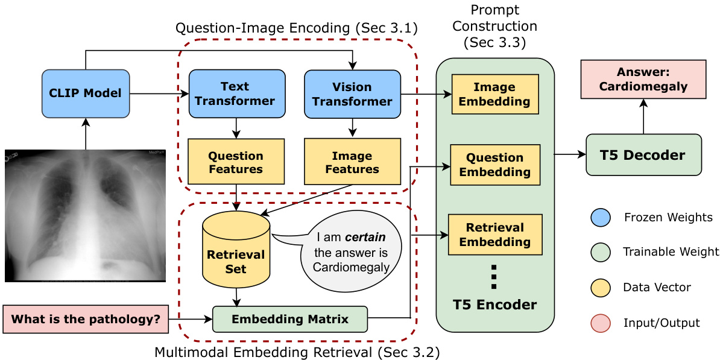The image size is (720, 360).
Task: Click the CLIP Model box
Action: (85, 93)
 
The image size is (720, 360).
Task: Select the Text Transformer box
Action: (236, 93)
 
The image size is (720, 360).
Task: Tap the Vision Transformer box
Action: (352, 93)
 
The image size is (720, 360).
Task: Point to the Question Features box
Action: (236, 162)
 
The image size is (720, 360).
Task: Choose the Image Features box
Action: (352, 162)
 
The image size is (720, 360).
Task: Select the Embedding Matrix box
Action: (290, 319)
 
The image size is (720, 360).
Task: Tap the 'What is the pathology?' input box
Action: (86, 319)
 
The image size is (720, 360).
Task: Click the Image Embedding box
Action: (494, 94)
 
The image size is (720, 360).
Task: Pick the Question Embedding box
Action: (494, 165)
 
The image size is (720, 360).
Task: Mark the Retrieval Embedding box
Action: (494, 235)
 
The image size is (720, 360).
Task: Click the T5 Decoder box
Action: (643, 155)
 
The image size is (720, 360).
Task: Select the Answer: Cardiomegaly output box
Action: (643, 79)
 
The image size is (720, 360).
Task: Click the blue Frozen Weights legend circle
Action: (601, 217)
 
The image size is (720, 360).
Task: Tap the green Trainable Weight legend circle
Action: (601, 252)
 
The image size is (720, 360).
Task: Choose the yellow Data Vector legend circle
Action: (601, 288)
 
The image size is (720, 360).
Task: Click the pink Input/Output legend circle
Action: (601, 323)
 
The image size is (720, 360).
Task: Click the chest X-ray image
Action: (85, 216)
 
